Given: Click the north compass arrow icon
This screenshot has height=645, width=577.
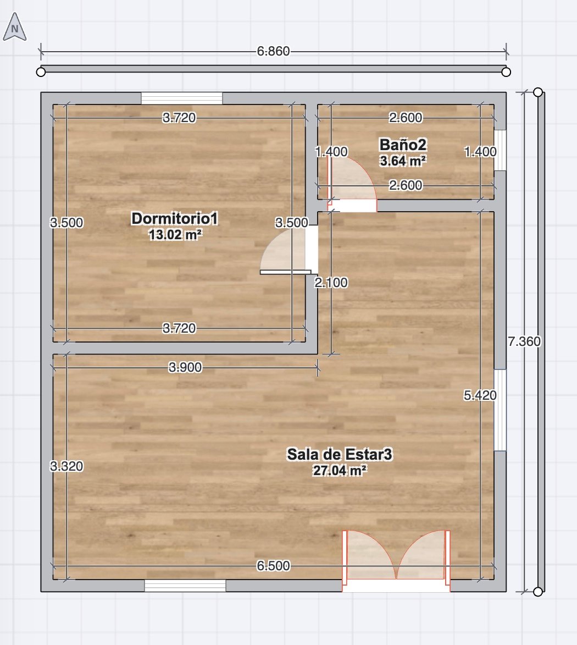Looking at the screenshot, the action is (15, 27).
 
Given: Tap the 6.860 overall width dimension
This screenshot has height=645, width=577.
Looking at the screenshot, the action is (273, 52).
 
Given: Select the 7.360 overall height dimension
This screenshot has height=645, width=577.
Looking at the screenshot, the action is (524, 341).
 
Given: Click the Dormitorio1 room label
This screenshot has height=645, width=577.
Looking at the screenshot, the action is (174, 218).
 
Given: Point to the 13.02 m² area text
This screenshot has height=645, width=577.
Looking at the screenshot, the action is (175, 234).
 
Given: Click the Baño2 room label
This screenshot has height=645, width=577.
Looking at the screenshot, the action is (403, 145).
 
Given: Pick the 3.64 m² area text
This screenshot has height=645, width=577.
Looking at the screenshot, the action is (403, 161).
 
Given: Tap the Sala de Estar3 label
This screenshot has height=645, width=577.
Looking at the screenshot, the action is (340, 454).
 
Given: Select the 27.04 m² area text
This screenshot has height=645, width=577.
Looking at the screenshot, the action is (340, 470).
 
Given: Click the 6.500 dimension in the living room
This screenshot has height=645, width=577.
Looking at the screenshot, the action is (273, 566).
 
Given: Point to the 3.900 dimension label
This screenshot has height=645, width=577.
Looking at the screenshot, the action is (185, 367).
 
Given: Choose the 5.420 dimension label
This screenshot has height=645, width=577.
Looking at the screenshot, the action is (480, 395).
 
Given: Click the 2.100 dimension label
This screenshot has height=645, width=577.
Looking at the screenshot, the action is (331, 283).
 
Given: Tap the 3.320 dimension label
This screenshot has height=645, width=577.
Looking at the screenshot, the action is (66, 466).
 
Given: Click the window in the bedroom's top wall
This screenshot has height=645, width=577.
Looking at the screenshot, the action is (182, 98).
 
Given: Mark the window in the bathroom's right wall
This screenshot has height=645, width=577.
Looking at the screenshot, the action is (500, 150).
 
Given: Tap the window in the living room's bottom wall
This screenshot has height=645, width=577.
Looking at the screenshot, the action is (185, 586).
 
